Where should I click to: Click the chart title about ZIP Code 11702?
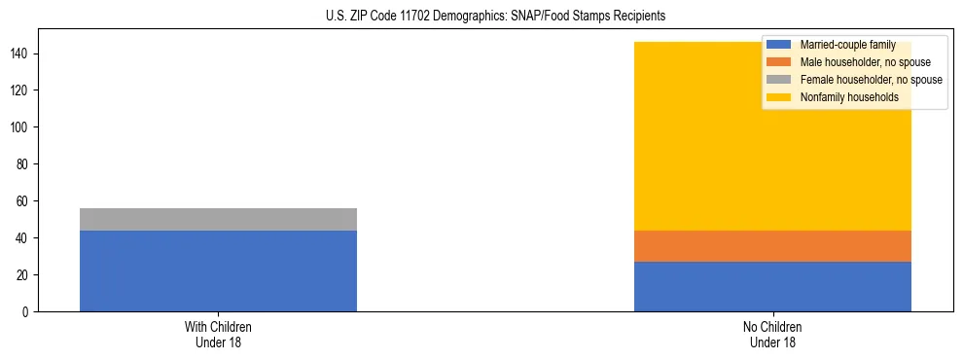[481, 17]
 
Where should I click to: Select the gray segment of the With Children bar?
[218, 219]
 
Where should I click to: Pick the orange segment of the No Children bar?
[772, 246]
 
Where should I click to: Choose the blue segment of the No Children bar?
[772, 286]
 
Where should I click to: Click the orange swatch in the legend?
[779, 62]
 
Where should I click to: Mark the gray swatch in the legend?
[779, 80]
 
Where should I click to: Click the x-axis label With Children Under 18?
[218, 334]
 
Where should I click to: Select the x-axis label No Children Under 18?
[772, 334]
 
